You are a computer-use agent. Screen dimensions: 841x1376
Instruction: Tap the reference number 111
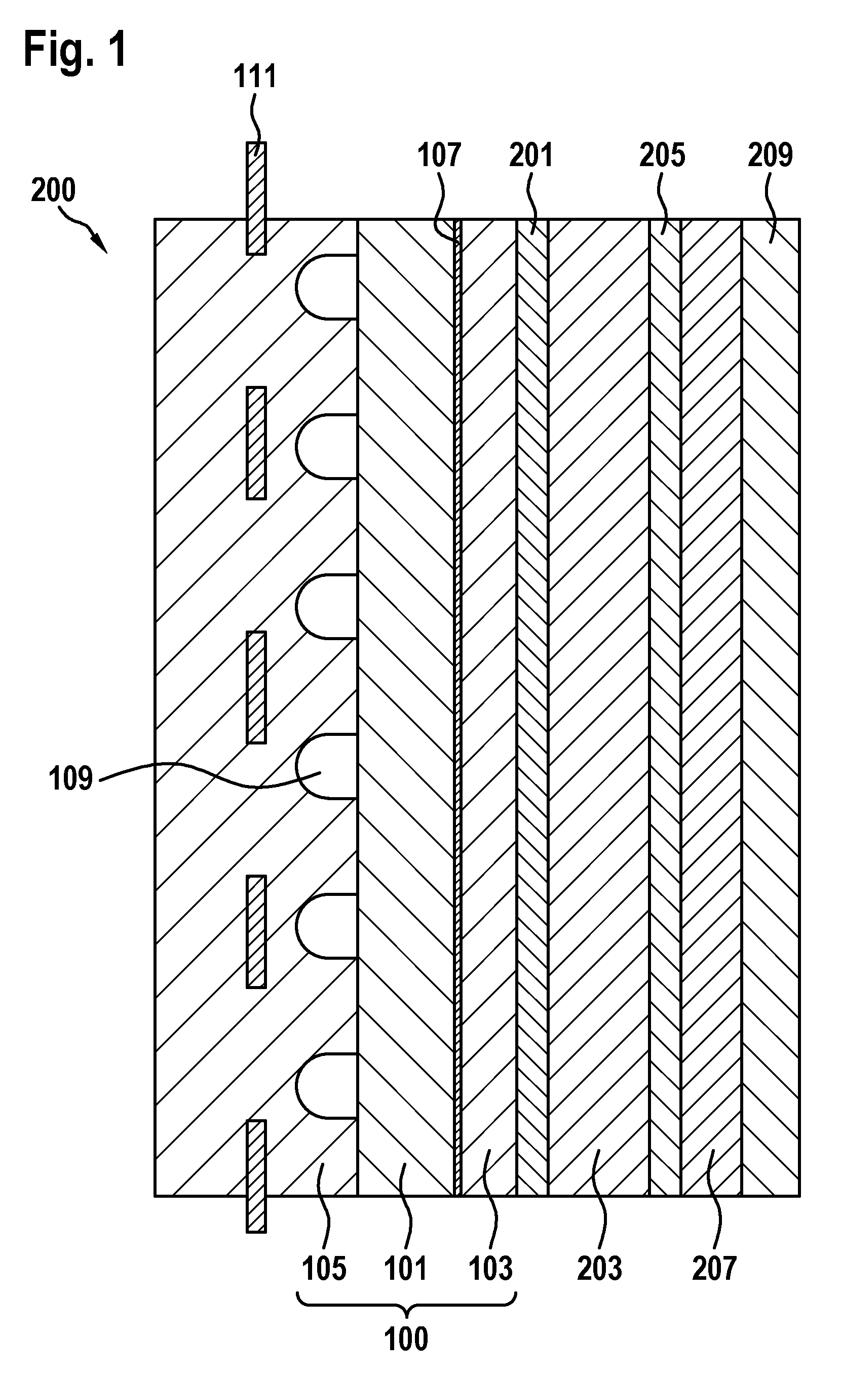[255, 76]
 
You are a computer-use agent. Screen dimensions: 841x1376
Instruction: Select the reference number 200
[53, 190]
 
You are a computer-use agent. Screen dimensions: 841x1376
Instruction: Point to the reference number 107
[439, 155]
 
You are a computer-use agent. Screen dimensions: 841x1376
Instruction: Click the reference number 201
[531, 155]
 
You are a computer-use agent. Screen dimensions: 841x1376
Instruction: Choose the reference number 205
[662, 155]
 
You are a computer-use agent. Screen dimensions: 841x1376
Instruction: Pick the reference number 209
[771, 155]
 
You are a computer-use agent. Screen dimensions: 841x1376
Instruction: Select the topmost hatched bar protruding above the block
[256, 198]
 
